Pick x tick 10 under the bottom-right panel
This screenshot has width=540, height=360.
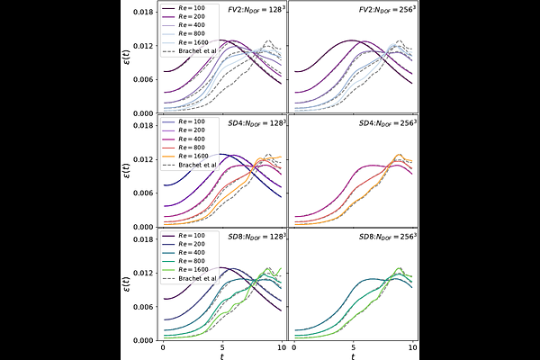click(413, 347)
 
